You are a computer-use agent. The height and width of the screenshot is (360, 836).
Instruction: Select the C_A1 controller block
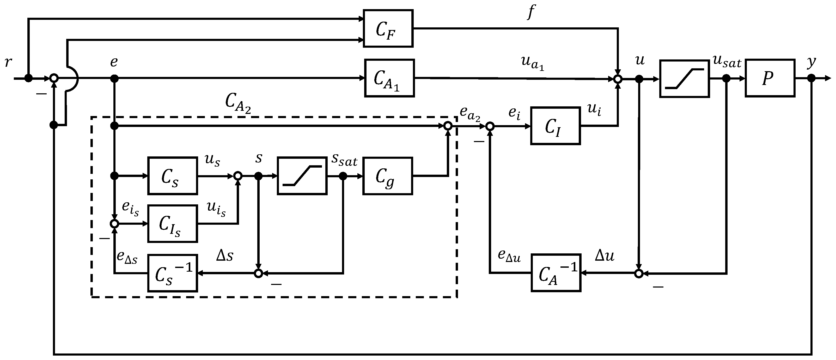389,78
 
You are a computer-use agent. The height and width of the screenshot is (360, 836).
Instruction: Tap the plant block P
770,78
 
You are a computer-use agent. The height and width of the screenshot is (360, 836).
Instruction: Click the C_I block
555,126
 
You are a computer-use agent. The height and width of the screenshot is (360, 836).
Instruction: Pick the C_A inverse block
556,273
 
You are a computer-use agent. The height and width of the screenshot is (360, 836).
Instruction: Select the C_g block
387,176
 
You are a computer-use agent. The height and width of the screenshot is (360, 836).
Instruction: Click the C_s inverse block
172,273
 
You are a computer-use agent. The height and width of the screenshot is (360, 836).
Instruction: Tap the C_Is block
172,224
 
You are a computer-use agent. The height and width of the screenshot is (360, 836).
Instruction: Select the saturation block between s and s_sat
302,176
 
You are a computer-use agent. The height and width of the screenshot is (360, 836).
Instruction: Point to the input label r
8,62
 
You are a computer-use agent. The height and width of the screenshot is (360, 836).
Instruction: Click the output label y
811,62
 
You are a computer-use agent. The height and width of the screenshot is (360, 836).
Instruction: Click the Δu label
604,256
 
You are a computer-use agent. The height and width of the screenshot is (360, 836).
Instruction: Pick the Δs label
225,256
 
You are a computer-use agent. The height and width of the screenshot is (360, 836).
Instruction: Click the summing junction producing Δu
638,274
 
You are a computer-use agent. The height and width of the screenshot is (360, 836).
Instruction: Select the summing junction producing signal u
618,78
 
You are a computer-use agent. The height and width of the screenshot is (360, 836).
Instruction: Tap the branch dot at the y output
811,78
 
